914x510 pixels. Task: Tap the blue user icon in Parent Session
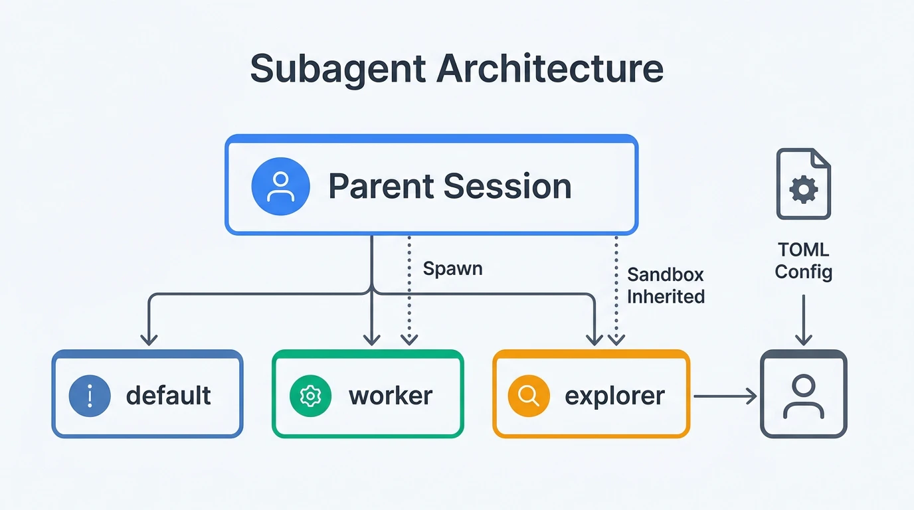pyautogui.click(x=280, y=186)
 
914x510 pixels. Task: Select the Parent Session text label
pyautogui.click(x=450, y=186)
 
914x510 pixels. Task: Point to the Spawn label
pyautogui.click(x=452, y=269)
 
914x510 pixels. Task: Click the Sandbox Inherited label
pyautogui.click(x=666, y=286)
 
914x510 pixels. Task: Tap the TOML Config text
pyautogui.click(x=804, y=261)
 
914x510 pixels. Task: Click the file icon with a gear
pyautogui.click(x=804, y=184)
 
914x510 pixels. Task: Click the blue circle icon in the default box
pyautogui.click(x=89, y=395)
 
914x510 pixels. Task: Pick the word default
pyautogui.click(x=168, y=395)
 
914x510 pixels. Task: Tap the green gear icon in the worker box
pyautogui.click(x=310, y=395)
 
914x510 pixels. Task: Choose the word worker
pyautogui.click(x=391, y=395)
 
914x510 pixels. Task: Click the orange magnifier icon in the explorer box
pyautogui.click(x=529, y=395)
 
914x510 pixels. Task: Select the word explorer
pyautogui.click(x=614, y=395)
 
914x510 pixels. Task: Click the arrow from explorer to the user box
pyautogui.click(x=725, y=397)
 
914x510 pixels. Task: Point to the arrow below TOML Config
pyautogui.click(x=804, y=320)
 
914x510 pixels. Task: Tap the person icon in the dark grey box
pyautogui.click(x=804, y=396)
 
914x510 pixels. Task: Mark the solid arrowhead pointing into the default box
pyautogui.click(x=149, y=339)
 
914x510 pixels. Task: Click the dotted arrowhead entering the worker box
pyautogui.click(x=409, y=339)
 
